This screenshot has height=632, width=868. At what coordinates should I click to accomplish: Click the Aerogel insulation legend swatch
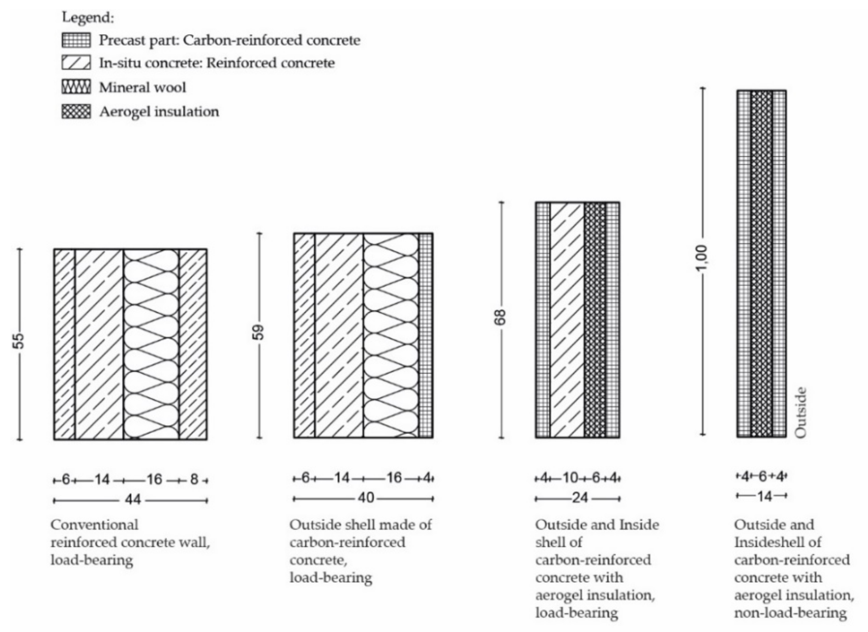76,112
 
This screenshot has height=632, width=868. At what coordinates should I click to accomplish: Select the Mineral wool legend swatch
76,87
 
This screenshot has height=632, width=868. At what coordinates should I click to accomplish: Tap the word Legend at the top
88,18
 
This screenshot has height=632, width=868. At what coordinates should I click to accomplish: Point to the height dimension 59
259,332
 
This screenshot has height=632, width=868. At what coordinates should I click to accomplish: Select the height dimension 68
501,317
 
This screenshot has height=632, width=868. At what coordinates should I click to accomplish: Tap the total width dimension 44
133,500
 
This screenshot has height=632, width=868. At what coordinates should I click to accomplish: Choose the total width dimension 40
366,498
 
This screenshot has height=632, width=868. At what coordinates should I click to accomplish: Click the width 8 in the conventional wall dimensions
194,479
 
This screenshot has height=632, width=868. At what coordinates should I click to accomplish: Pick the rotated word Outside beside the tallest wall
801,412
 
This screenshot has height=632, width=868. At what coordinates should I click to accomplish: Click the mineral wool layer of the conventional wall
151,344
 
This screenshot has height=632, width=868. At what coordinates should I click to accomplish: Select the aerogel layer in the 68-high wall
595,320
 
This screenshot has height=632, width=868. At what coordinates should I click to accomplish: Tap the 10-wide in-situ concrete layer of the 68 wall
567,320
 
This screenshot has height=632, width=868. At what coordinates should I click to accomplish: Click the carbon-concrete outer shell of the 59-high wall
426,335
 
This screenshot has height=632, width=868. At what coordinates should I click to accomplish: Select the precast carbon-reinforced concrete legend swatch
76,40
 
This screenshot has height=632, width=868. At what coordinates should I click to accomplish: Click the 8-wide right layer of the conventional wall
193,344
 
